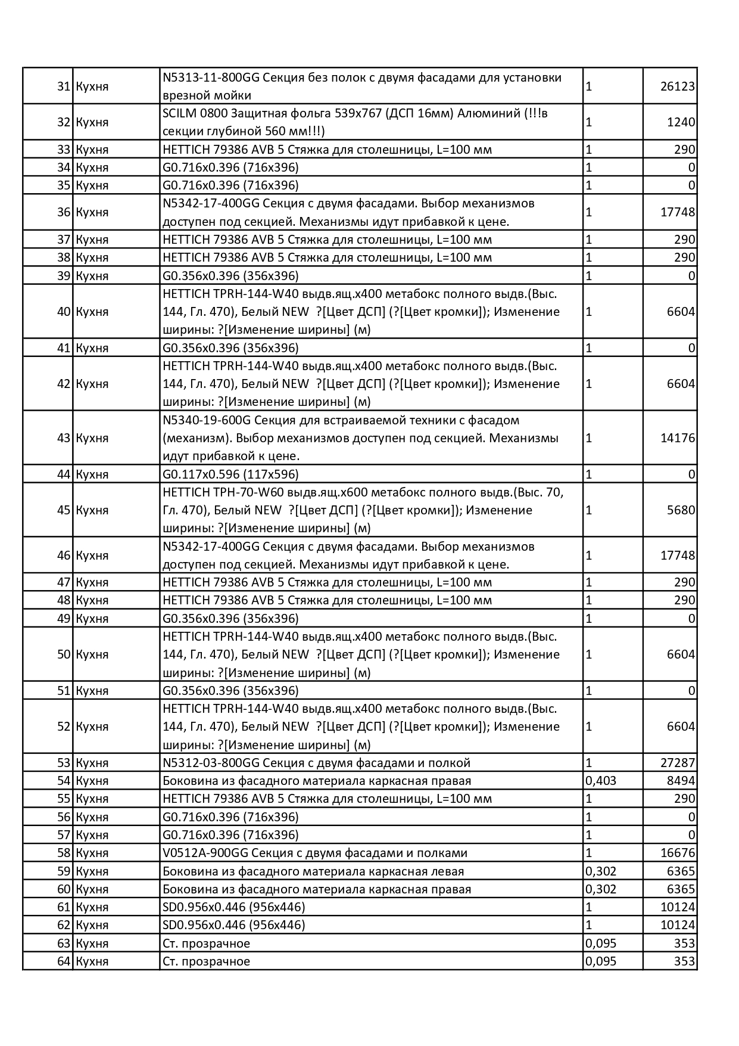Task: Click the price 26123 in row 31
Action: pyautogui.click(x=678, y=86)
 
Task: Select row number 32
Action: pyautogui.click(x=64, y=122)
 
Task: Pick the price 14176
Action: pyautogui.click(x=678, y=438)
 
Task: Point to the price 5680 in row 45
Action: pyautogui.click(x=681, y=510)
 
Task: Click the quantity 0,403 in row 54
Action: pyautogui.click(x=601, y=781)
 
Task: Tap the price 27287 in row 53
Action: pyautogui.click(x=678, y=763)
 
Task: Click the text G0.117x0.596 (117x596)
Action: pyautogui.click(x=230, y=474)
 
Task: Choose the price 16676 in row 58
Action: pyautogui.click(x=678, y=853)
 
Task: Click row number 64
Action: pyautogui.click(x=64, y=961)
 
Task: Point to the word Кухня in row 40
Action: pyautogui.click(x=92, y=312)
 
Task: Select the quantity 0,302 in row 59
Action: pyautogui.click(x=601, y=871)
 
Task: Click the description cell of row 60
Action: pyautogui.click(x=316, y=889)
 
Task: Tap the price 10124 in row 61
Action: pyautogui.click(x=678, y=907)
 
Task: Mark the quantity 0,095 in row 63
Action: pyautogui.click(x=601, y=943)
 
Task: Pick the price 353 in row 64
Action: pyautogui.click(x=684, y=961)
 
